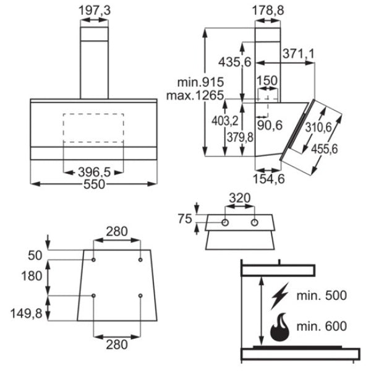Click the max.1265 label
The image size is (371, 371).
tap(194, 95)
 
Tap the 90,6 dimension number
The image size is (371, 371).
tap(270, 125)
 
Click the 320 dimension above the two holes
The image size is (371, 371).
tap(240, 199)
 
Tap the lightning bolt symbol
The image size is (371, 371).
tap(279, 296)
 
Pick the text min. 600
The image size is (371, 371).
tap(322, 326)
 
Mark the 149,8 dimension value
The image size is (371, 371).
tap(24, 315)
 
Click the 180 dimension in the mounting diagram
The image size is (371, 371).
tap(31, 276)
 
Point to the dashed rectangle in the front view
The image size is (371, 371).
tap(93, 129)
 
